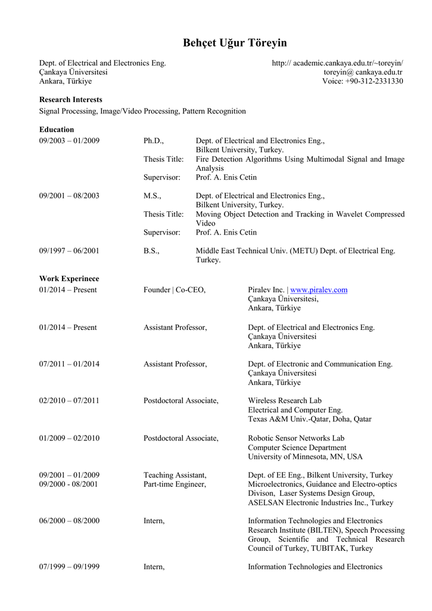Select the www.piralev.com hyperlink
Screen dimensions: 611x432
point(318,290)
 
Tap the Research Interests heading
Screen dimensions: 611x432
point(70,100)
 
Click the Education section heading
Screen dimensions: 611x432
point(57,129)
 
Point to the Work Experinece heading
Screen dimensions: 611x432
point(69,279)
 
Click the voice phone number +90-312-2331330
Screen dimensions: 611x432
point(374,81)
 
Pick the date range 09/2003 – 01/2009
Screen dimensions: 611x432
point(69,141)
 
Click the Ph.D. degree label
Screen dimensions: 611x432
point(153,141)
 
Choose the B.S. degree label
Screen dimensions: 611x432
point(151,251)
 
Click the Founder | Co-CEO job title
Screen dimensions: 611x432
point(175,290)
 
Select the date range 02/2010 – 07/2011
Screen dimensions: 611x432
point(69,401)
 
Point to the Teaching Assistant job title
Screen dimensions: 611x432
point(175,475)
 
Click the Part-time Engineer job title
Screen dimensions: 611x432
point(175,485)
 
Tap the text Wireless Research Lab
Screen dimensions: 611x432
point(284,401)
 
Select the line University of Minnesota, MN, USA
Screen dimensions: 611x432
point(305,457)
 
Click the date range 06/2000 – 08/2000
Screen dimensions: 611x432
point(69,521)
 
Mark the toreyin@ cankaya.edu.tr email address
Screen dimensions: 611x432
point(363,72)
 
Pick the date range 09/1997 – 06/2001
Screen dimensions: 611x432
point(69,251)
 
